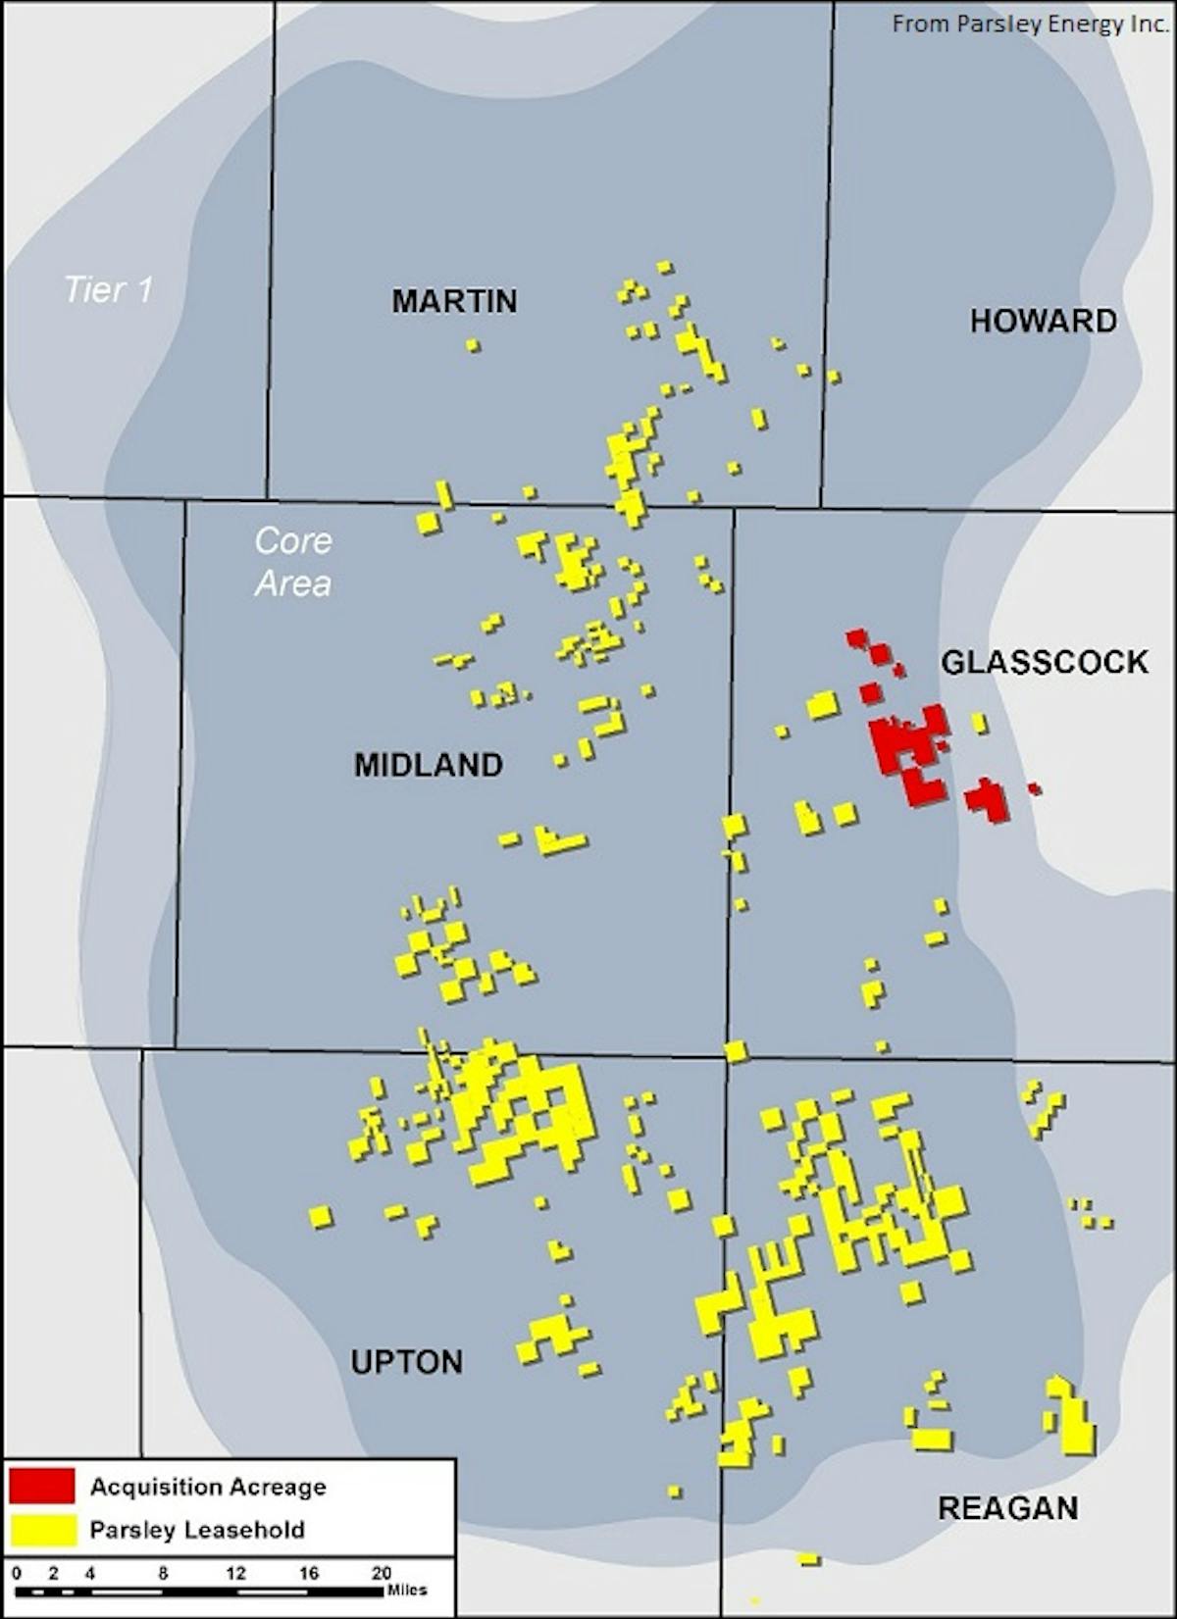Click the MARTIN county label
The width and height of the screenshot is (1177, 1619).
click(454, 301)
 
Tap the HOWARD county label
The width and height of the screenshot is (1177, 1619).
click(1043, 321)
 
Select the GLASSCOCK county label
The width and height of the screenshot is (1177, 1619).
click(1045, 663)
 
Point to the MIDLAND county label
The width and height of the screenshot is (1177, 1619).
click(429, 765)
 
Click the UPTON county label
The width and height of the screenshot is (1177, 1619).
click(406, 1362)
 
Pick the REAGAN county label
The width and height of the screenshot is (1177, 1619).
click(1007, 1508)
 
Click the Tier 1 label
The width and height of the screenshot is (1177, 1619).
click(109, 289)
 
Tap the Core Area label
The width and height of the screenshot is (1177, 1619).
click(293, 562)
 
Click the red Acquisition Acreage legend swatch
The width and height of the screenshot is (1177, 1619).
click(42, 1486)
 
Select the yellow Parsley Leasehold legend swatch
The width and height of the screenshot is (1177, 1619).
click(42, 1530)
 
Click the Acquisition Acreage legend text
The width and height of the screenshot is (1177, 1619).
click(208, 1487)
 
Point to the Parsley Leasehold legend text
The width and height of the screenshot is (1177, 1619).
click(197, 1530)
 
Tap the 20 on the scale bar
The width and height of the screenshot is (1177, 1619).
click(382, 1573)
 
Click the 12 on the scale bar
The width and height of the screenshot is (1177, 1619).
click(235, 1573)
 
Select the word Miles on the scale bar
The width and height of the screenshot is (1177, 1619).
click(407, 1590)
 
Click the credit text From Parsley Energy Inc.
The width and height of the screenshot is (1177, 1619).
click(1030, 24)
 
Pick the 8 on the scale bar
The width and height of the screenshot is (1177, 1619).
click(163, 1573)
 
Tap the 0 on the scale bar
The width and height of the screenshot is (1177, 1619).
click(17, 1573)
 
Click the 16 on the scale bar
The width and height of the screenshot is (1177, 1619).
click(309, 1573)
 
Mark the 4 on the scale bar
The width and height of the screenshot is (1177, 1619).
click(90, 1573)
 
